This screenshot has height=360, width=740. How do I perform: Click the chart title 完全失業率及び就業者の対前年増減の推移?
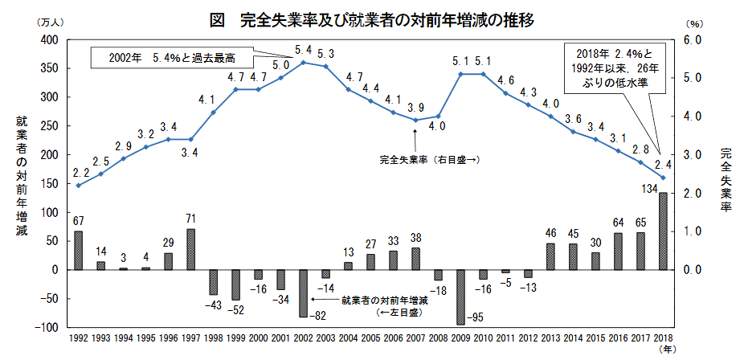click(x=386, y=19)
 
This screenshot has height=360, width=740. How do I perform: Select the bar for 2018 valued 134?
click(x=663, y=231)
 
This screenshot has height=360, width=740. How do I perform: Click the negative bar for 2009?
click(x=460, y=297)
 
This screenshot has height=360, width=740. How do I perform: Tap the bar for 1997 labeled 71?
click(x=190, y=249)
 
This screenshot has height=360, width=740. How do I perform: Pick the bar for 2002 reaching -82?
click(x=303, y=293)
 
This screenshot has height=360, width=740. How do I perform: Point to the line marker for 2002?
click(x=303, y=62)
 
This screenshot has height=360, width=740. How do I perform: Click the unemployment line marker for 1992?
click(x=78, y=186)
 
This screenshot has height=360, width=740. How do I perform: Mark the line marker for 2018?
click(x=663, y=178)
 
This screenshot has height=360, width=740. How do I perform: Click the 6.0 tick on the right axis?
click(x=693, y=39)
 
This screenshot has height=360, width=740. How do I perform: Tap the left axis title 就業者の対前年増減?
click(x=21, y=177)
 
